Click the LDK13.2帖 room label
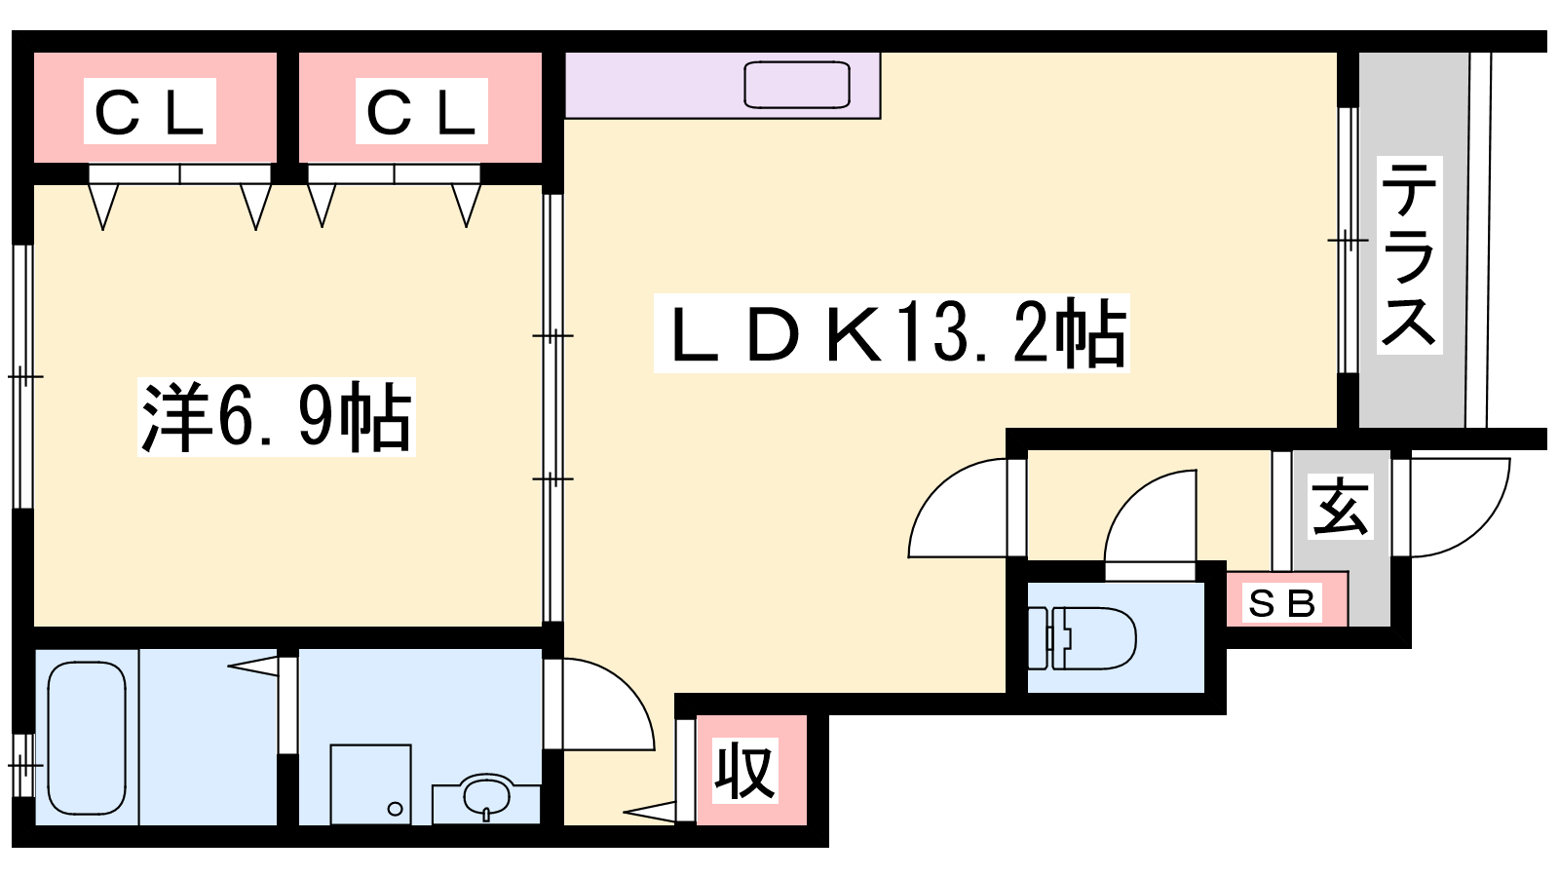coord(891,332)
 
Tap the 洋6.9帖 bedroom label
coord(277,417)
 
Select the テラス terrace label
coord(1409,254)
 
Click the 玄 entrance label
coord(1341,507)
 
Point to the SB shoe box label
coord(1282,603)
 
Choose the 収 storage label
coord(745,771)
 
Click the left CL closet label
coord(150,111)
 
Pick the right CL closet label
coord(421,111)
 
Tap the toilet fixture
coord(1083,638)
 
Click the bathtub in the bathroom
coord(87,738)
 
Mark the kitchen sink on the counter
coord(797,85)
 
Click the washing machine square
coord(370,784)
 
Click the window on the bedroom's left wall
coord(23,376)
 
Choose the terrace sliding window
coord(1349,240)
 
